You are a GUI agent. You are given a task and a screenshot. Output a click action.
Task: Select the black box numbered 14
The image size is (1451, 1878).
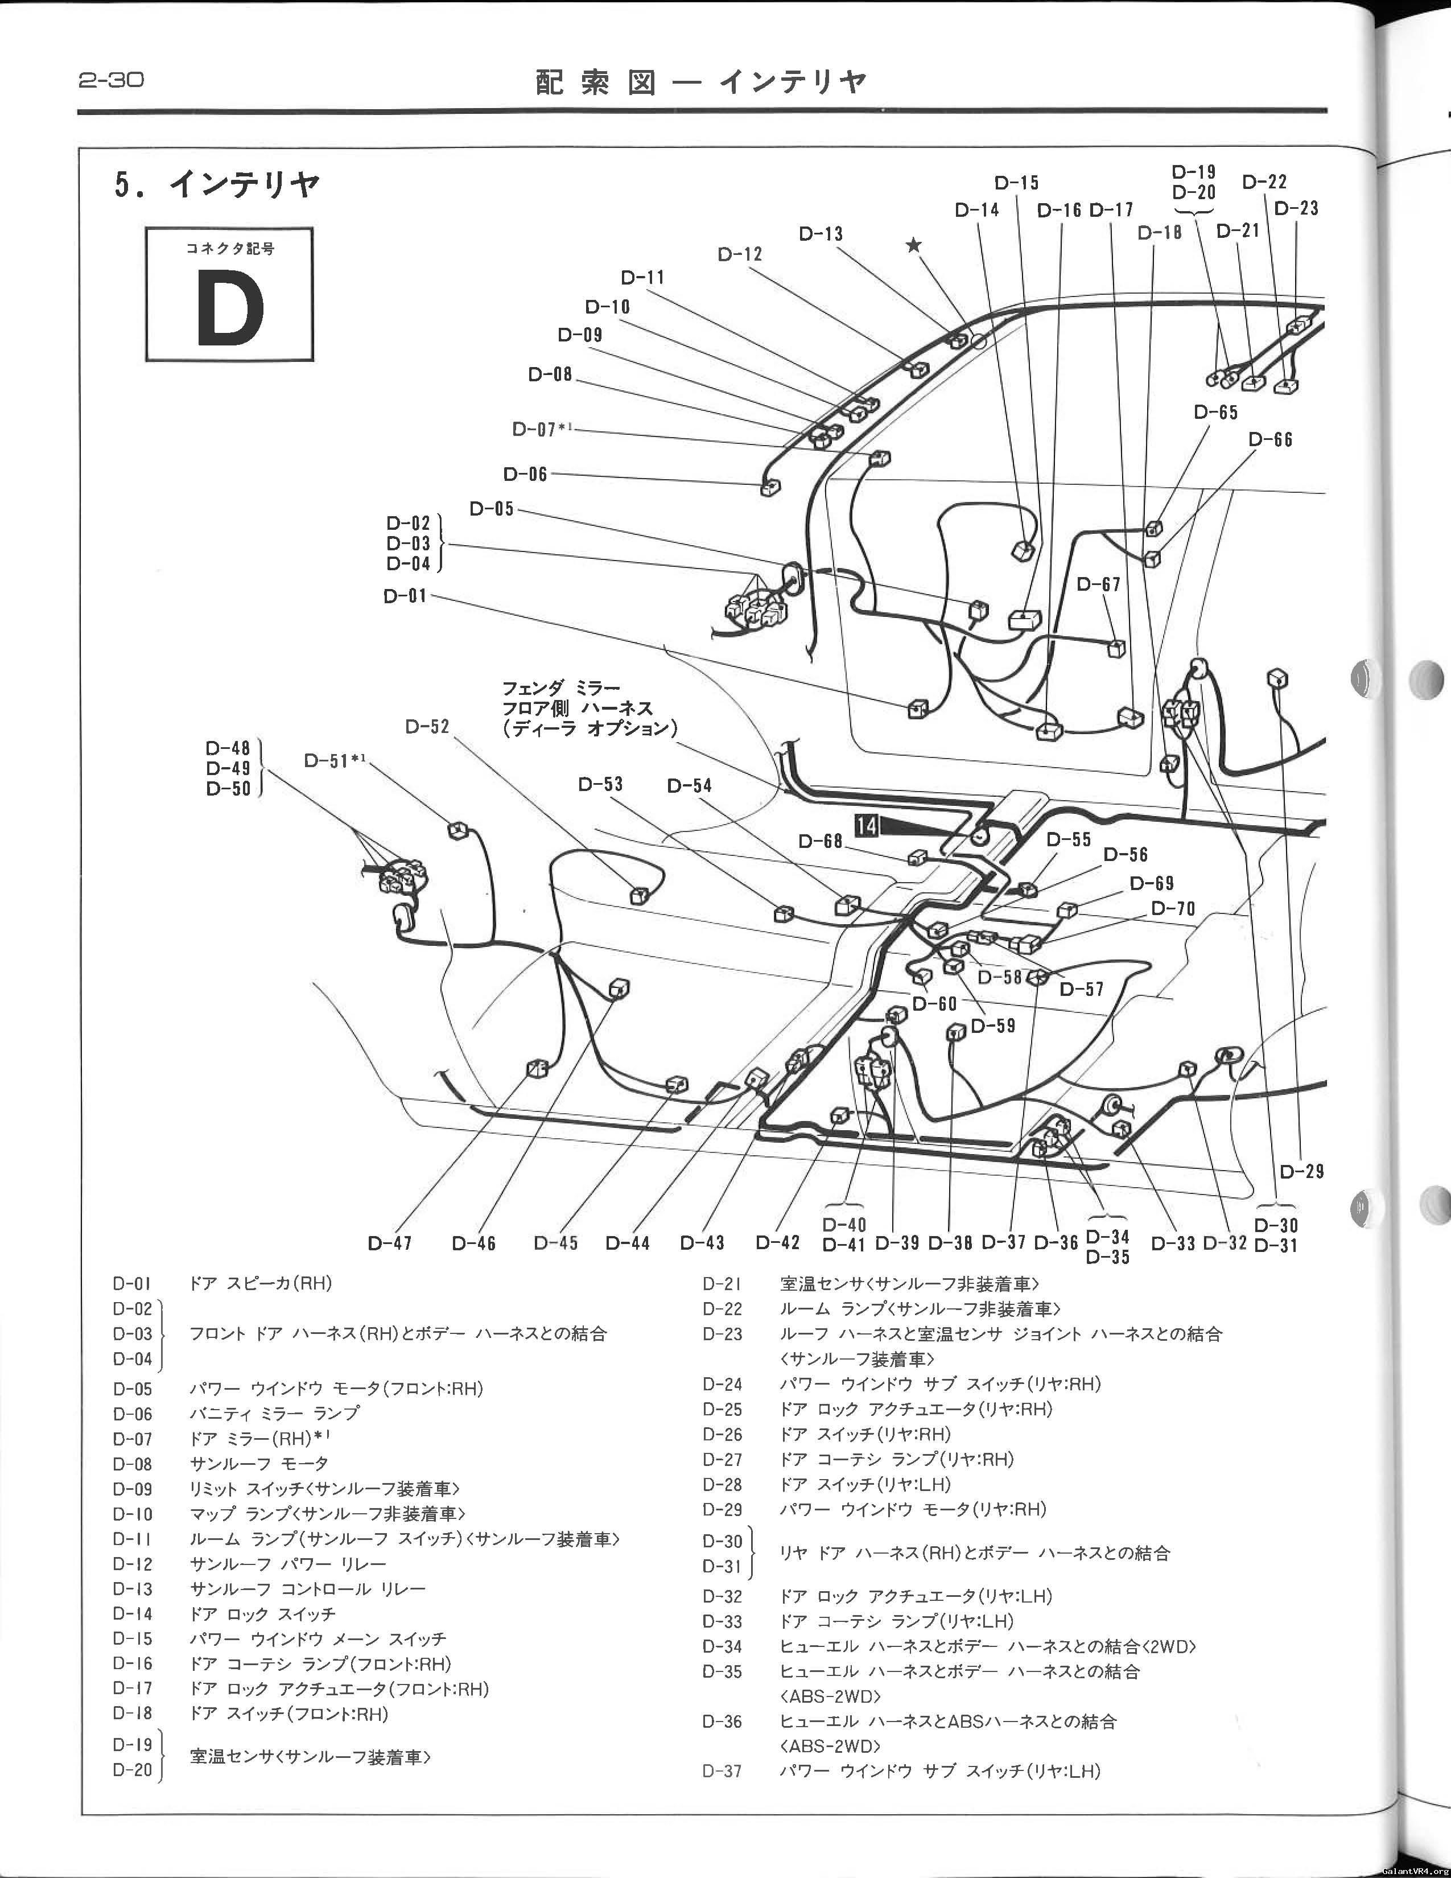[867, 826]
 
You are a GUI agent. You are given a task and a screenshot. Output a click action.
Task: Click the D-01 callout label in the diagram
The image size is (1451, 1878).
[406, 596]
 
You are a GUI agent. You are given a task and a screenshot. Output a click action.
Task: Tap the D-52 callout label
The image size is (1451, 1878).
[428, 727]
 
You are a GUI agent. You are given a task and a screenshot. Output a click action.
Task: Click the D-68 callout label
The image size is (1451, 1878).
[821, 841]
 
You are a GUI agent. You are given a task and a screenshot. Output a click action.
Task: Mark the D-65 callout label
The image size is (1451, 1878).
[1217, 413]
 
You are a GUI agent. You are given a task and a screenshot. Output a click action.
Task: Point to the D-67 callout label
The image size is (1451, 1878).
[1099, 584]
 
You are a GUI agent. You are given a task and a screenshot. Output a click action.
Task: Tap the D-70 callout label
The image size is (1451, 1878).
[1173, 909]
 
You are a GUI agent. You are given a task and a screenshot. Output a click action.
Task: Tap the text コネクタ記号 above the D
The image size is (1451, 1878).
[229, 249]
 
